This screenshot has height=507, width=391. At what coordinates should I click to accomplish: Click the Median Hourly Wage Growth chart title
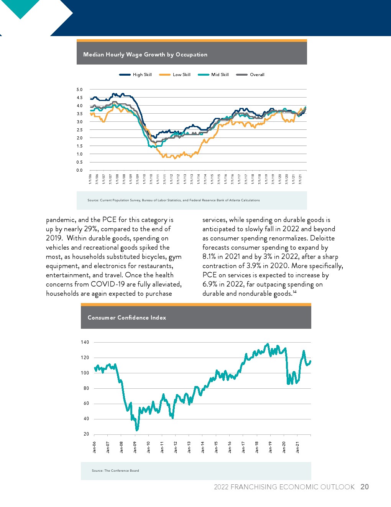tap(145, 55)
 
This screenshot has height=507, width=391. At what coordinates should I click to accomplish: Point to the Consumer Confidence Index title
tap(127, 318)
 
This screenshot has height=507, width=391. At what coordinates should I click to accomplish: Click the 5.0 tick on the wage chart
tap(79, 89)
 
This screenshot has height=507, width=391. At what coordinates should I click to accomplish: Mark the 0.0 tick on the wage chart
tap(79, 170)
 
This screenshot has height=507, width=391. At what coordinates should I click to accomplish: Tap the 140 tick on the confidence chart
tap(85, 342)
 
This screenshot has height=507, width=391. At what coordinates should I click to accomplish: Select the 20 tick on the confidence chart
tap(86, 434)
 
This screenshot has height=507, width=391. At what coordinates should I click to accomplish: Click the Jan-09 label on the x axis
tap(135, 447)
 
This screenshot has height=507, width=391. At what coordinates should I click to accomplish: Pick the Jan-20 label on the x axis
tap(284, 447)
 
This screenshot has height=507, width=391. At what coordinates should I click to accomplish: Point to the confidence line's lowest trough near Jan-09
tap(137, 429)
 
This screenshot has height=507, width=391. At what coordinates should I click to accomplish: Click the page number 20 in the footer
tap(365, 487)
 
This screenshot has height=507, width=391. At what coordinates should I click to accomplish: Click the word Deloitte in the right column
tap(322, 238)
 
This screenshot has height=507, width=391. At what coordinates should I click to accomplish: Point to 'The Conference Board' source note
tap(122, 471)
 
